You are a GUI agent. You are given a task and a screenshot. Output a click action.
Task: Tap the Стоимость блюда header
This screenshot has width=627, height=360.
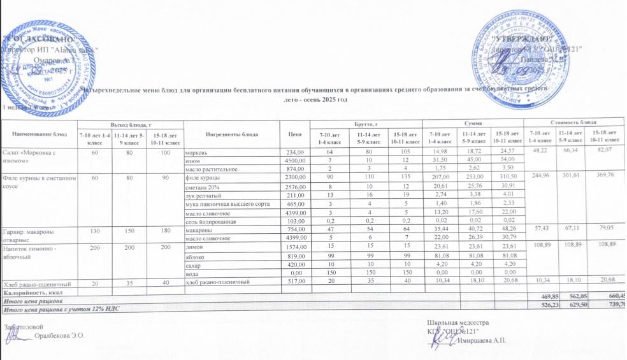[x=580, y=122]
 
